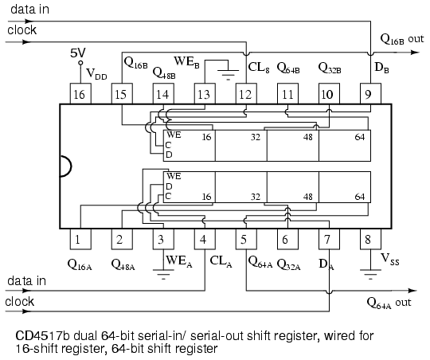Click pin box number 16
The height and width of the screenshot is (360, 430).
[x=80, y=94]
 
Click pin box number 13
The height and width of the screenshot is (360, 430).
[x=204, y=94]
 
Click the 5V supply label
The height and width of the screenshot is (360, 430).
[x=78, y=53]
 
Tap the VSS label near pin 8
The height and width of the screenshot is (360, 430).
[x=389, y=259]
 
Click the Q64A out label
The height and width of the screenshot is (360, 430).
[x=389, y=303]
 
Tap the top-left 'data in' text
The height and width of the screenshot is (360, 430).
[x=27, y=9]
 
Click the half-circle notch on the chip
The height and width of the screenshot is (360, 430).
[x=64, y=166]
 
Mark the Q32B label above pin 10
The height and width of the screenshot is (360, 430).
[x=329, y=67]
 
